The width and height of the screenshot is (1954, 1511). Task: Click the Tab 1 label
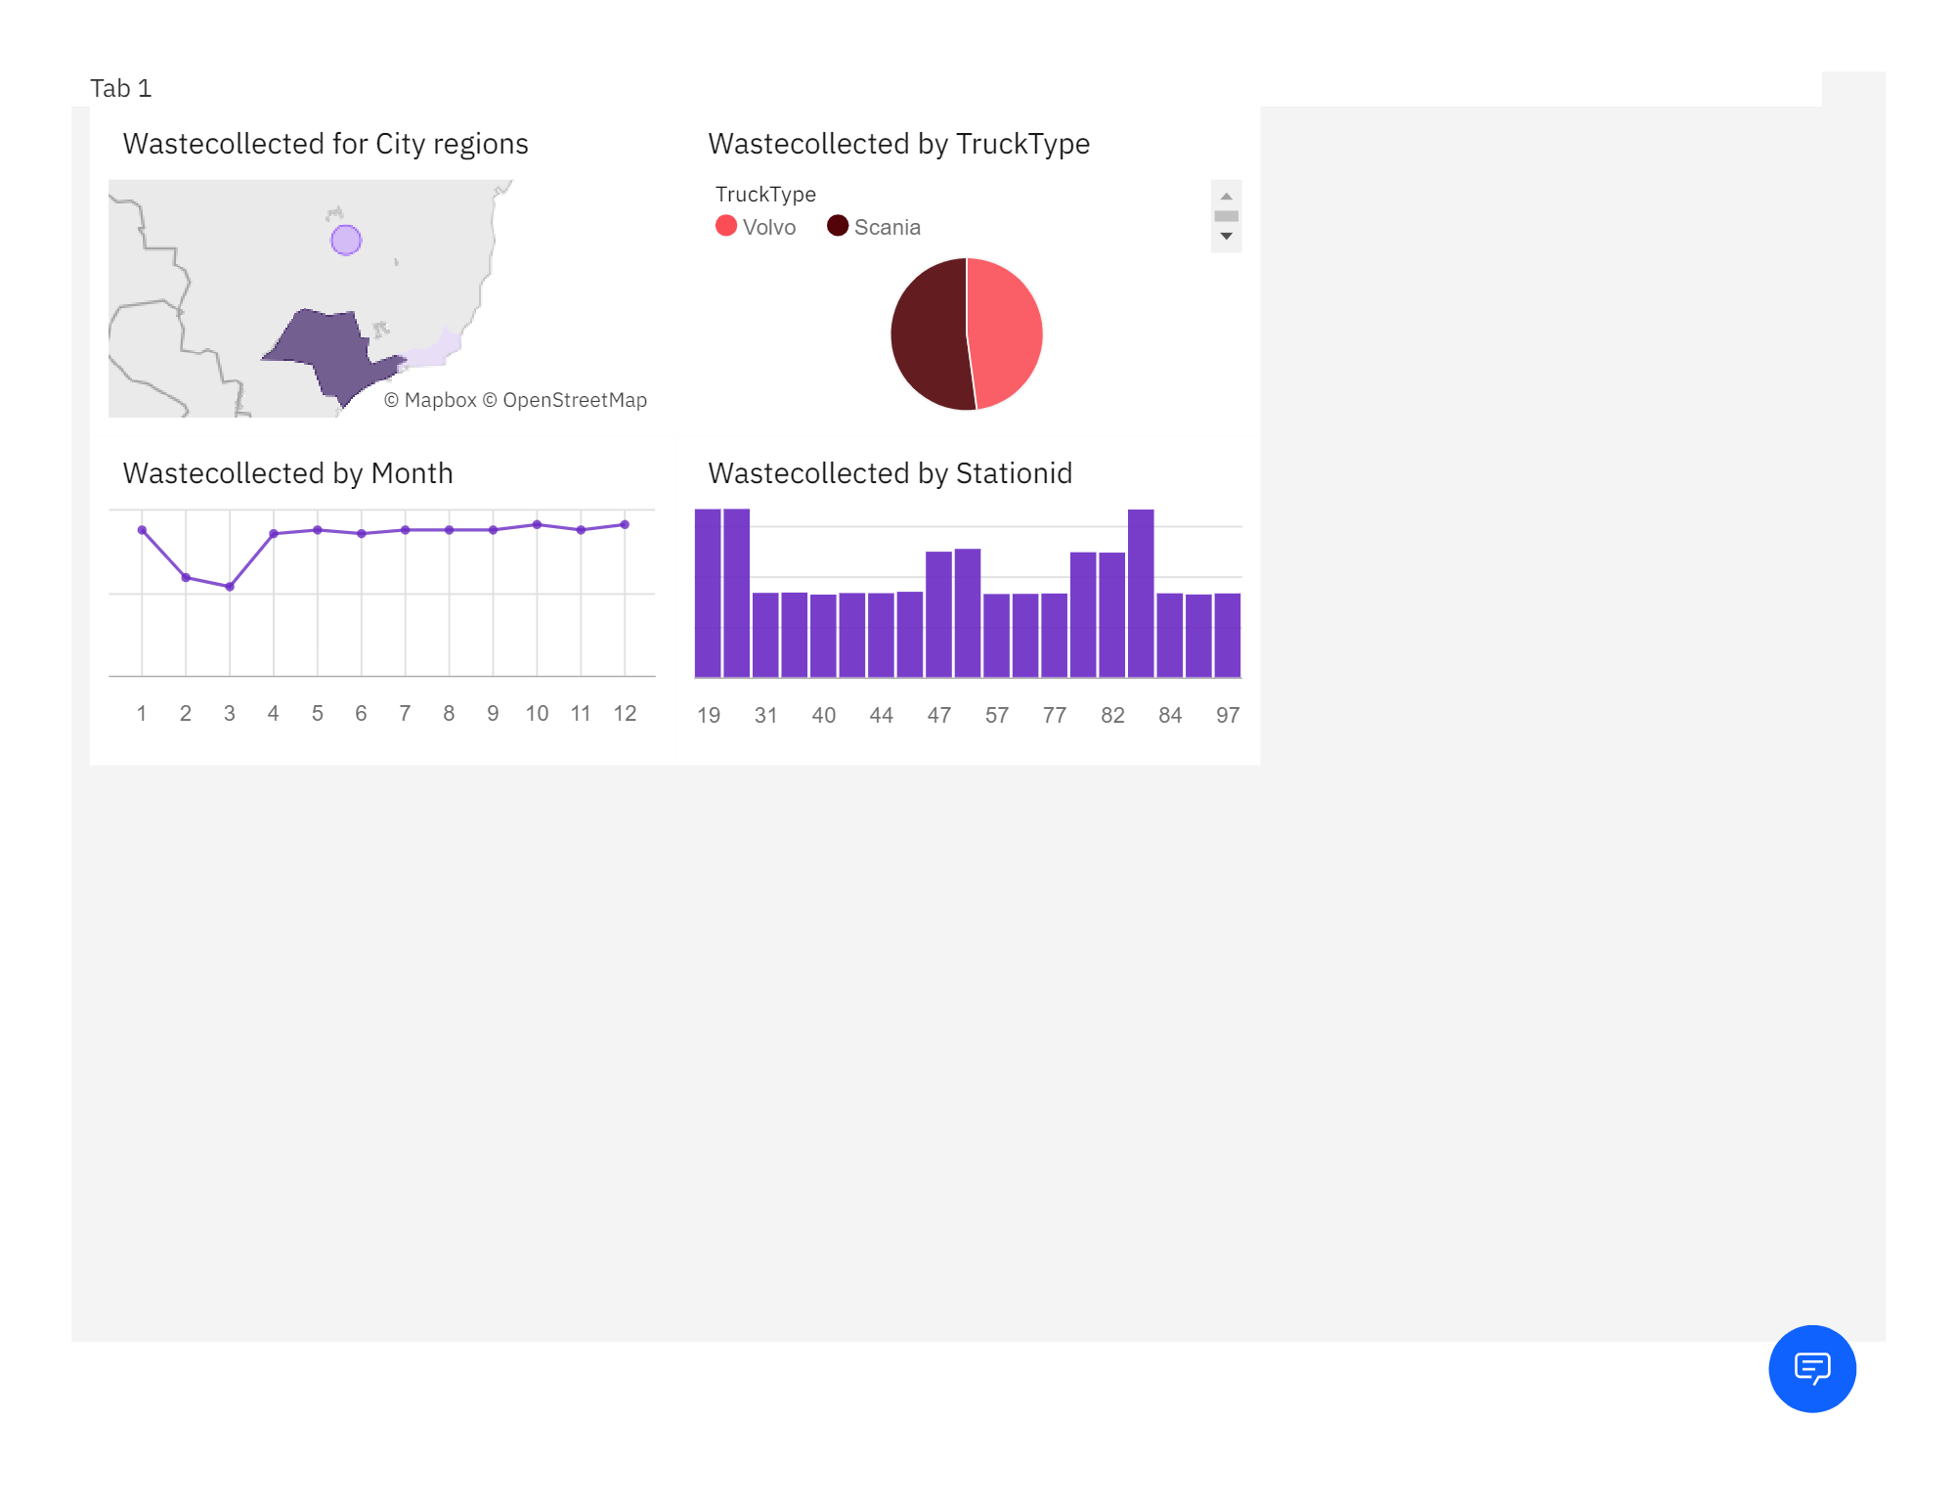coord(120,89)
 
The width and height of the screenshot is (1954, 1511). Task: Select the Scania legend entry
coord(874,227)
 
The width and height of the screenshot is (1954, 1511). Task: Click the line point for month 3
coord(230,587)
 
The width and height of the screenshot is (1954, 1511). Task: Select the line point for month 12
coord(625,525)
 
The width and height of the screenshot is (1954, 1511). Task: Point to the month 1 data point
coord(143,530)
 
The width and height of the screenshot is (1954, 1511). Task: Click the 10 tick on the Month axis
coord(537,714)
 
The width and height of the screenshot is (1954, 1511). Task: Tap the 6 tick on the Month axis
coord(361,714)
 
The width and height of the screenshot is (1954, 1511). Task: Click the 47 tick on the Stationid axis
coord(938,716)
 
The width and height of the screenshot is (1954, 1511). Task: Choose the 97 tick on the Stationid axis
coord(1227,716)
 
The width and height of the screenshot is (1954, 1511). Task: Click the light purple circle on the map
coord(346,240)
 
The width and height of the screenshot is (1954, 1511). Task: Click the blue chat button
coord(1811,1368)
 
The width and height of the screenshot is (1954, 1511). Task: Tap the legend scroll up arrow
coord(1226,197)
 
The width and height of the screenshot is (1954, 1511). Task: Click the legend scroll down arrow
coord(1226,237)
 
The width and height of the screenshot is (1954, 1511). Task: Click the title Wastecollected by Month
coord(287,473)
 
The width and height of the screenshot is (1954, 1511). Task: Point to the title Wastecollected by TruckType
coord(898,144)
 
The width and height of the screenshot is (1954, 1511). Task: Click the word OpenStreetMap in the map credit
coord(574,400)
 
